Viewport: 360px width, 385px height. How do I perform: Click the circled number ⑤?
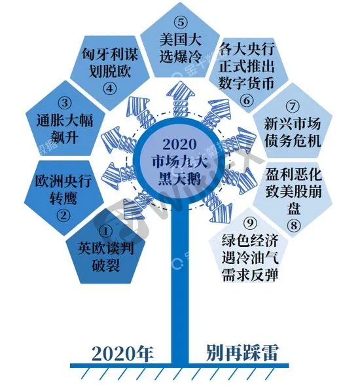[x=181, y=22]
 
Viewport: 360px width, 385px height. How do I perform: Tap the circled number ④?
[x=109, y=88]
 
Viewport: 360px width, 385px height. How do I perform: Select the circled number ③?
[x=65, y=103]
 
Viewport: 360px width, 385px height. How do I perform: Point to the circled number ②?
[x=63, y=215]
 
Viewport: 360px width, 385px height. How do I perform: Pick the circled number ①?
[x=106, y=231]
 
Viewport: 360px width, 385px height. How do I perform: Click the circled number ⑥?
[x=246, y=100]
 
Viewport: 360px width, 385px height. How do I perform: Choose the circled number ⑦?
[x=293, y=107]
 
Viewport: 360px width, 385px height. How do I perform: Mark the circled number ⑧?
[x=294, y=225]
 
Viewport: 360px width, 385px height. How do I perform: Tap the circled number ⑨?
[x=250, y=223]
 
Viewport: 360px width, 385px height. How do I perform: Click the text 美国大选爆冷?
[x=181, y=48]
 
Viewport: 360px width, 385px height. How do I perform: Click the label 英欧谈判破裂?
[x=106, y=257]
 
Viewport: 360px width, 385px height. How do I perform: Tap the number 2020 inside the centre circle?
[x=179, y=144]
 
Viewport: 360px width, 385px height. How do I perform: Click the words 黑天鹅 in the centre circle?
[x=179, y=178]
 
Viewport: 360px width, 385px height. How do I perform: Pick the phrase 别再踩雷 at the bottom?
[x=242, y=353]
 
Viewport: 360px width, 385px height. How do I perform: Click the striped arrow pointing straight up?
[x=181, y=99]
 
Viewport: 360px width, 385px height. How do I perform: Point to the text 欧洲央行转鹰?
[x=63, y=189]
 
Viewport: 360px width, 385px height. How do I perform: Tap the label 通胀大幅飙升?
[x=65, y=128]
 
